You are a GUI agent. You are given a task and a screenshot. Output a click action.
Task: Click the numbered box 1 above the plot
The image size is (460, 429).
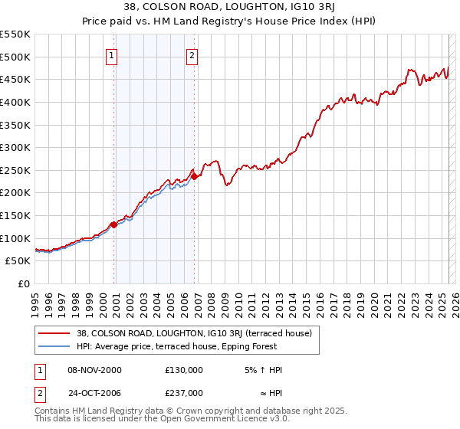pos(112,55)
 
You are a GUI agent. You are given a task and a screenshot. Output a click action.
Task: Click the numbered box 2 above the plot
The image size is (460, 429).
pos(192,55)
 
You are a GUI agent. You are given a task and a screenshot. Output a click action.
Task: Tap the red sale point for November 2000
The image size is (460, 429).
pos(113,224)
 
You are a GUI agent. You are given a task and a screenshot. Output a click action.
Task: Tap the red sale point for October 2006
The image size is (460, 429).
pos(194,176)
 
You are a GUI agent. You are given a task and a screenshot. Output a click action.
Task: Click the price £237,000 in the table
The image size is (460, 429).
pos(184,393)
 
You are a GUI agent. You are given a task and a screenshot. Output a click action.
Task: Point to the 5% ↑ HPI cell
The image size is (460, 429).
pos(261,370)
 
